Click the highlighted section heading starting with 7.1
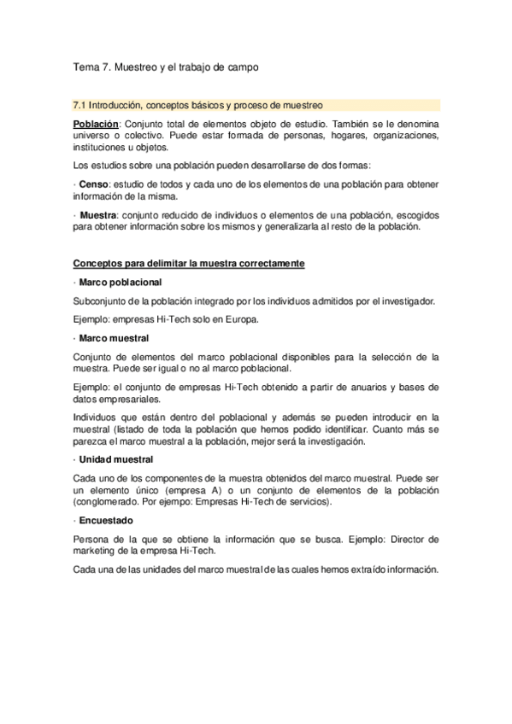click(x=198, y=106)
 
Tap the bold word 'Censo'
click(x=94, y=184)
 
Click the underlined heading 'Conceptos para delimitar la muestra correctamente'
click(x=188, y=264)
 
